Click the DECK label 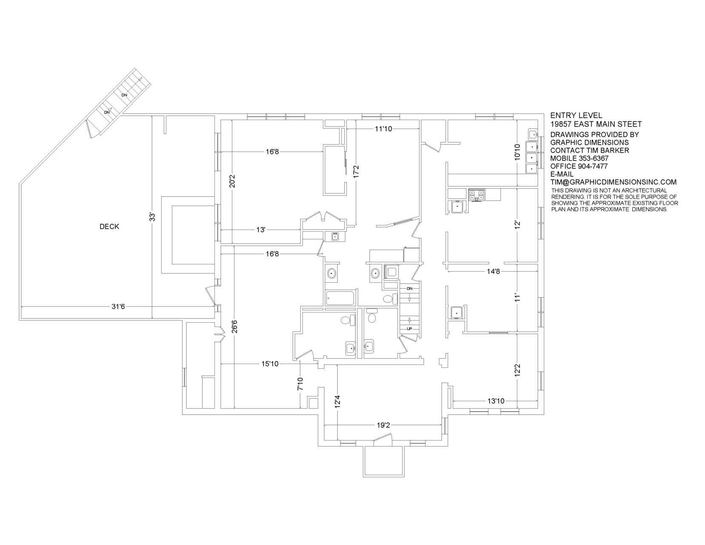(x=109, y=227)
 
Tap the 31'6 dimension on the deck (x=118, y=307)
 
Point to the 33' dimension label (x=152, y=217)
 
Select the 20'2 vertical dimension (x=232, y=181)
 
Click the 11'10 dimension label (x=383, y=129)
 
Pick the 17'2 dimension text (x=356, y=172)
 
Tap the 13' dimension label (x=261, y=230)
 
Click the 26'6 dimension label (x=234, y=327)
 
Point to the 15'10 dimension (x=270, y=364)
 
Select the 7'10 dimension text (x=300, y=384)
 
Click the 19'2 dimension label (x=383, y=425)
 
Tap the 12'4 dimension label (x=338, y=402)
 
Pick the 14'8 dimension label (x=493, y=271)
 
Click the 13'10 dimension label (x=496, y=401)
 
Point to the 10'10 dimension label (x=517, y=152)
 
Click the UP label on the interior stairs (x=409, y=329)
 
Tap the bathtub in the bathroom (x=340, y=298)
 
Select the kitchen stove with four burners (x=476, y=195)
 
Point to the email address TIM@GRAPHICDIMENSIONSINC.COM (x=613, y=182)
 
